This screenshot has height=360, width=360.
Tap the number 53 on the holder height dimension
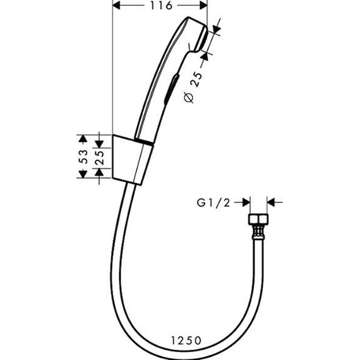83,157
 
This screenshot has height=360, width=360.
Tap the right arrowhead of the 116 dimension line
204,6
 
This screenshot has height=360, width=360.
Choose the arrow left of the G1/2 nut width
244,202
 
